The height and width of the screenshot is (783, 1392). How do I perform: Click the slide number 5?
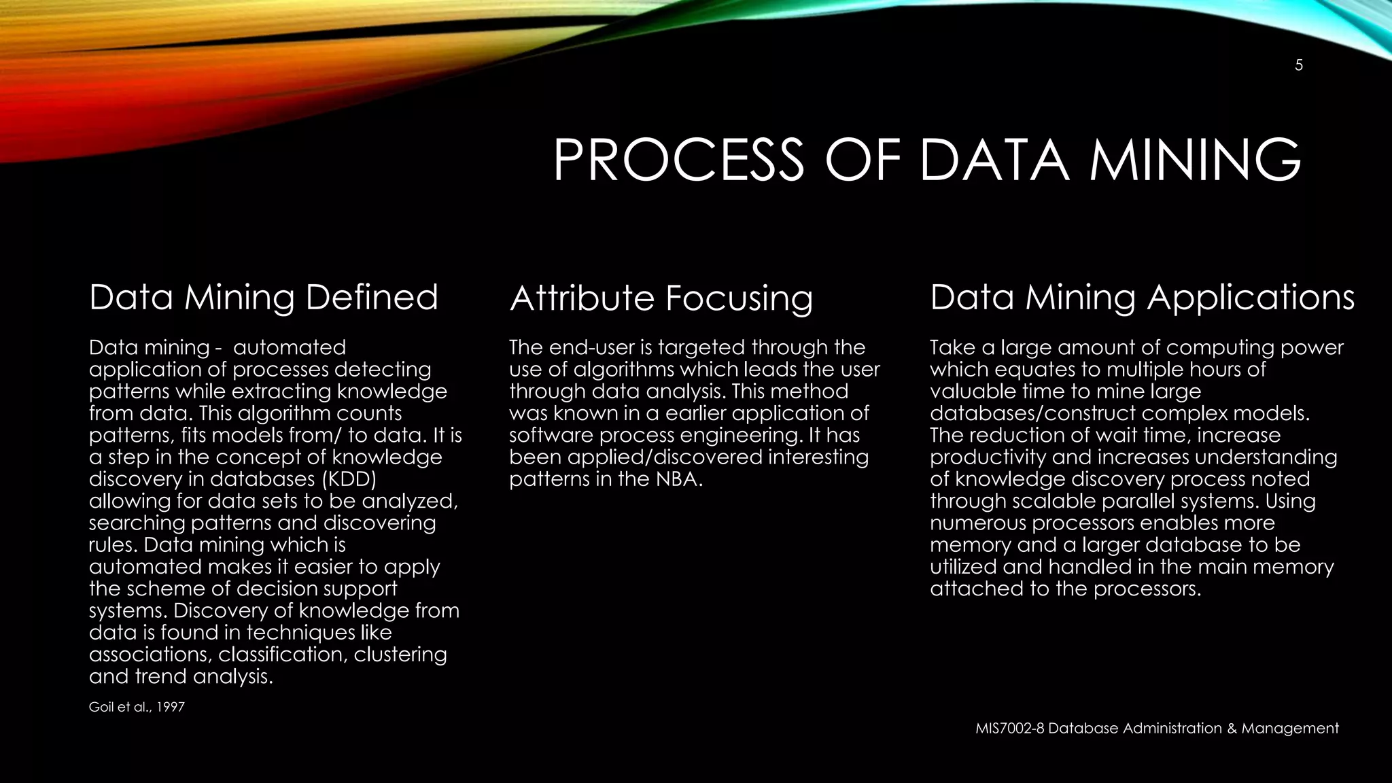coord(1298,66)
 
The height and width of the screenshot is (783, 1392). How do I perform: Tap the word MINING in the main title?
coord(1196,160)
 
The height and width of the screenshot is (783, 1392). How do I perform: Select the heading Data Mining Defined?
coord(264,298)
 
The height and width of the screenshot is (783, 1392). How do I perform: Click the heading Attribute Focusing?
coord(661,299)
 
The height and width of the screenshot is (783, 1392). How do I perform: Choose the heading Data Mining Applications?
coord(1142,298)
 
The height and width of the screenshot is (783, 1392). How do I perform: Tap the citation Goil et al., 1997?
coord(137,708)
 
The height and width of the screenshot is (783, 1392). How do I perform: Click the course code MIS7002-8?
coord(1009,729)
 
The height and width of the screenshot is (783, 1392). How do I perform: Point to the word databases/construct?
coord(1032,413)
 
